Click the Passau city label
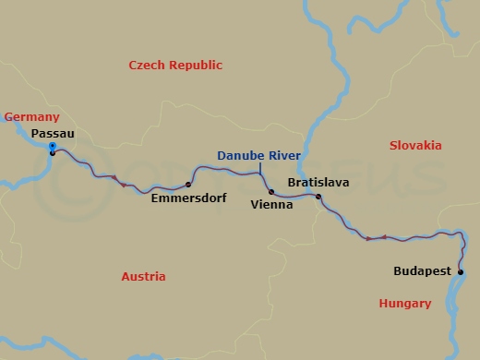pyautogui.click(x=53, y=134)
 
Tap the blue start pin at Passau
pyautogui.click(x=52, y=146)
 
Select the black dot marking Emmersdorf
pyautogui.click(x=188, y=184)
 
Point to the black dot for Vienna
pyautogui.click(x=271, y=192)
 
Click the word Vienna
pyautogui.click(x=271, y=205)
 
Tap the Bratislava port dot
pyautogui.click(x=318, y=197)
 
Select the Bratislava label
pyautogui.click(x=318, y=183)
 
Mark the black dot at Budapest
pyautogui.click(x=460, y=271)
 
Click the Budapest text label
pyautogui.click(x=422, y=271)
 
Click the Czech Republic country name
pyautogui.click(x=175, y=65)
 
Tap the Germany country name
pyautogui.click(x=31, y=117)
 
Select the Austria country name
pyautogui.click(x=143, y=276)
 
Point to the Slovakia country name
pyautogui.click(x=415, y=146)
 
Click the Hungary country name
pyautogui.click(x=404, y=303)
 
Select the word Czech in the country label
pyautogui.click(x=146, y=65)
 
